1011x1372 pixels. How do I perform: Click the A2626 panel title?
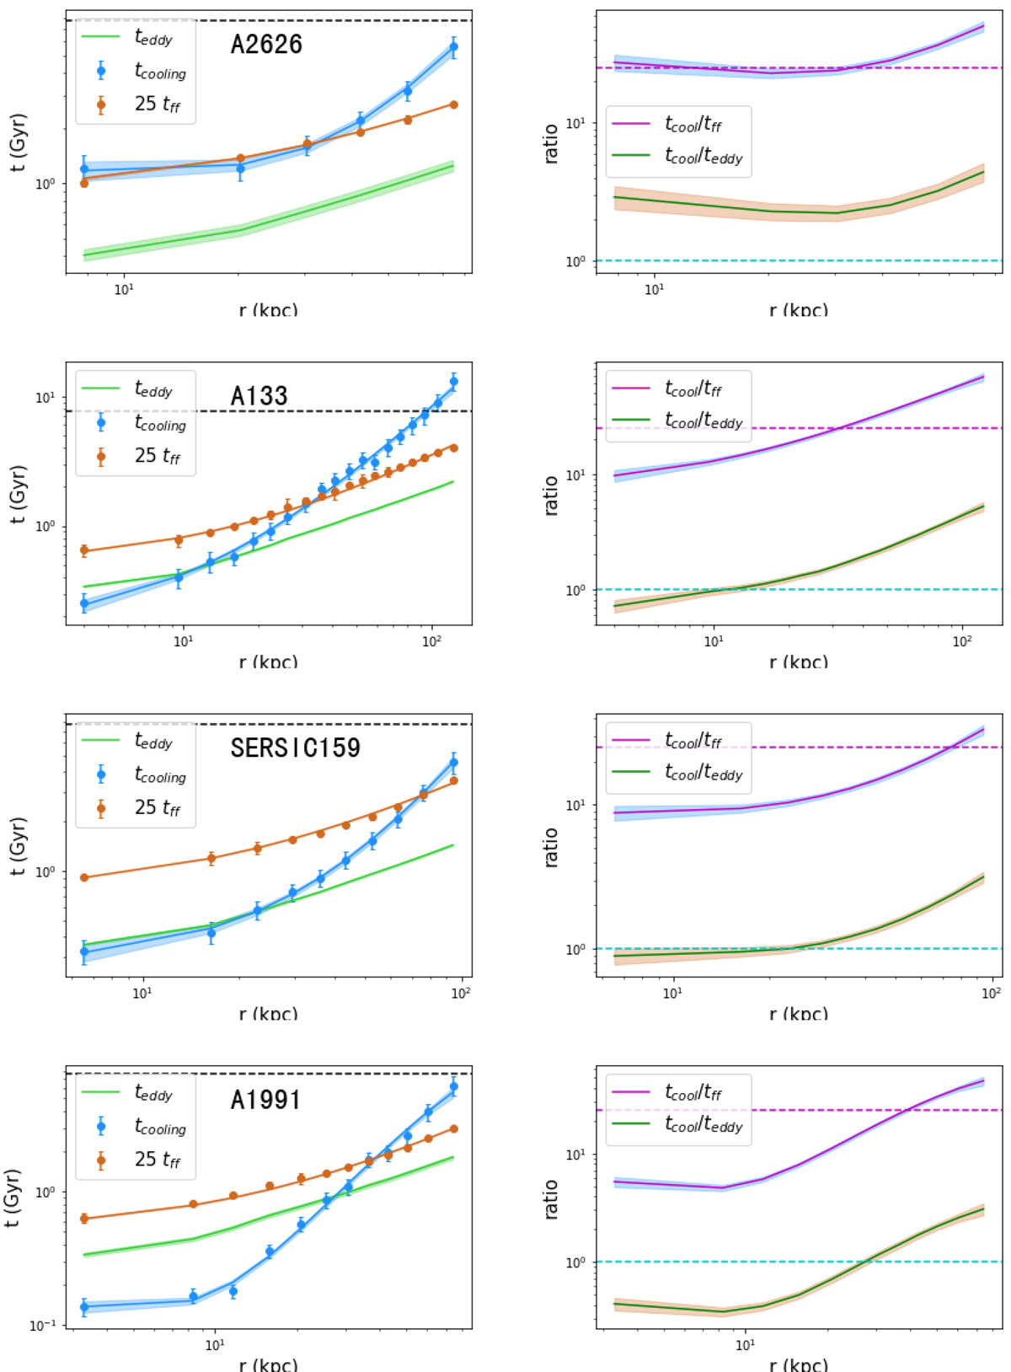click(x=266, y=45)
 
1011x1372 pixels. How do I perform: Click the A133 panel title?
click(x=259, y=396)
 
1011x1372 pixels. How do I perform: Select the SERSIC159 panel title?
click(x=295, y=748)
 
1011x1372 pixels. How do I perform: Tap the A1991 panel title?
click(x=265, y=1100)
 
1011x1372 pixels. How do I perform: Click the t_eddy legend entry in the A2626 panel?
click(x=152, y=37)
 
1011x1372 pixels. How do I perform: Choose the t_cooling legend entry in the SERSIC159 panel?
click(x=159, y=774)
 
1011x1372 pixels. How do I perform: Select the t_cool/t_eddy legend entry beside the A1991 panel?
click(x=703, y=1126)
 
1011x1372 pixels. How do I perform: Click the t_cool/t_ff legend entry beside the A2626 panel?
click(x=693, y=125)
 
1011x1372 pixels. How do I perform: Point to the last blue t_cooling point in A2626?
click(x=453, y=47)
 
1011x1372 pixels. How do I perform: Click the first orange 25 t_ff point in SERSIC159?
click(x=84, y=877)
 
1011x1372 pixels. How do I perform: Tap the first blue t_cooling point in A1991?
click(x=84, y=1307)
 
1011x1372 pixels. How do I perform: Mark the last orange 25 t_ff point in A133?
click(x=453, y=448)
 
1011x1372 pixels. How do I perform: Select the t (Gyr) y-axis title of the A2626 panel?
click(x=18, y=143)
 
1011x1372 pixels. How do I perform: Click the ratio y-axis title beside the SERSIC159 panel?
click(x=551, y=846)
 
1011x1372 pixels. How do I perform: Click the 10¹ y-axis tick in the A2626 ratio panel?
click(x=575, y=123)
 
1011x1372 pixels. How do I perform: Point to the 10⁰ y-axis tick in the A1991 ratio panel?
click(x=575, y=1262)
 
